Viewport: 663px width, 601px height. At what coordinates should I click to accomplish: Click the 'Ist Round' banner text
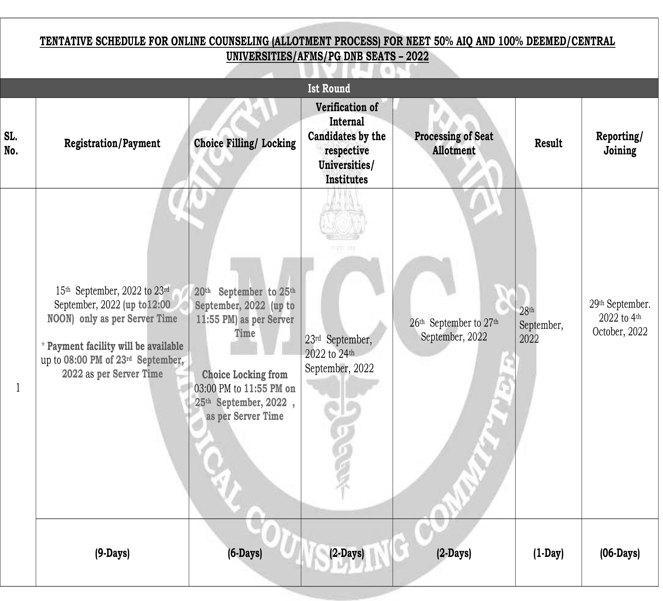tap(329, 89)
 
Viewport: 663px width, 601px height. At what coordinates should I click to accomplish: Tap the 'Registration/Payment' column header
tap(112, 144)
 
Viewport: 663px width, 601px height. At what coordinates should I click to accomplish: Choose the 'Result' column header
tap(548, 144)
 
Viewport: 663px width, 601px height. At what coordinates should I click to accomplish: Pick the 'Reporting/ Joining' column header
tap(620, 144)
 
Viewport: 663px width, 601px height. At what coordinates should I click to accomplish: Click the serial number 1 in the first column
tap(18, 388)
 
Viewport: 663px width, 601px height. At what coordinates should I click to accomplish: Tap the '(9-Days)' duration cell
tap(112, 553)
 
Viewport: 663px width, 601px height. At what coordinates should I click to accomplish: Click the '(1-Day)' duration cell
tap(548, 553)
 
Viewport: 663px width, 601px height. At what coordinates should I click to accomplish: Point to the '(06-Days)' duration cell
tap(620, 553)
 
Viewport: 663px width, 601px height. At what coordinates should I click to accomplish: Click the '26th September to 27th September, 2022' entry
tap(454, 330)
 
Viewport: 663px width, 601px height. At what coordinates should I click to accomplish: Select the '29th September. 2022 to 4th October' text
tap(620, 318)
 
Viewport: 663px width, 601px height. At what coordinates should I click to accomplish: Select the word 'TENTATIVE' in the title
tap(66, 42)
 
